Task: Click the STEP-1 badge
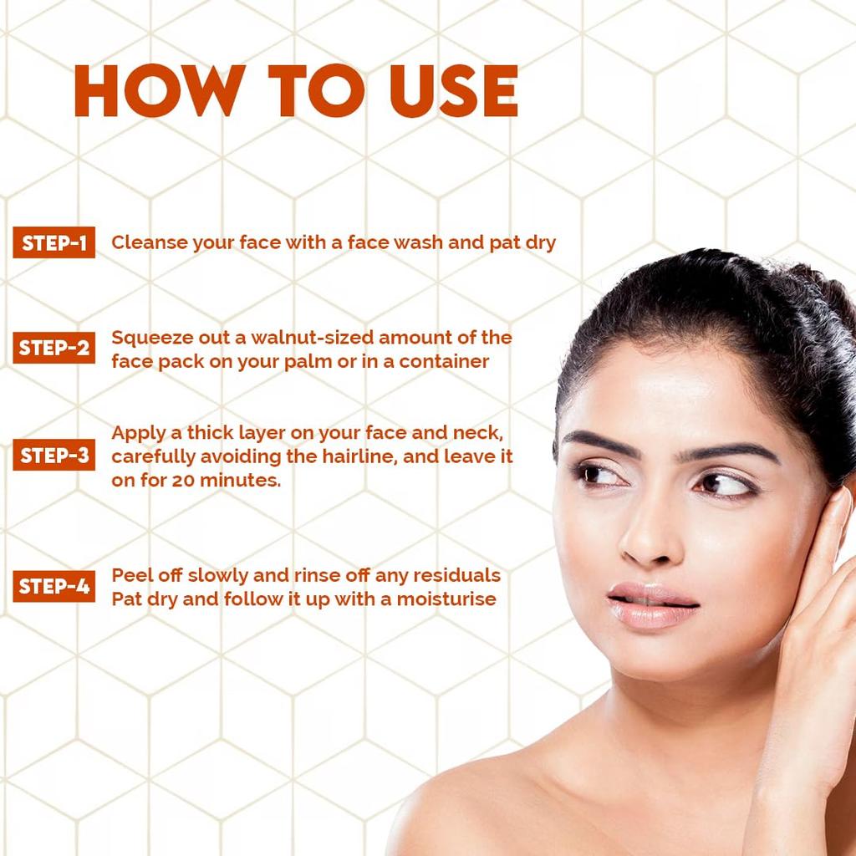click(x=54, y=243)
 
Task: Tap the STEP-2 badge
click(x=54, y=348)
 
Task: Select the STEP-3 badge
click(x=54, y=456)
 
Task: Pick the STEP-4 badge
click(x=54, y=586)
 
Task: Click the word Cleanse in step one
click(x=148, y=243)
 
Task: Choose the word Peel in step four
click(x=130, y=575)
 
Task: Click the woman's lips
click(x=652, y=605)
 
